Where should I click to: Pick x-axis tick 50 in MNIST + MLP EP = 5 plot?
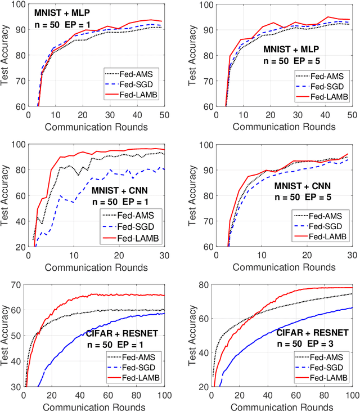(x=350, y=114)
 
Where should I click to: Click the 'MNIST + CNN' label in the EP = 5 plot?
(x=302, y=185)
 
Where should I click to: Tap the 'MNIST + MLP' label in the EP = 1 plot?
(x=62, y=12)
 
